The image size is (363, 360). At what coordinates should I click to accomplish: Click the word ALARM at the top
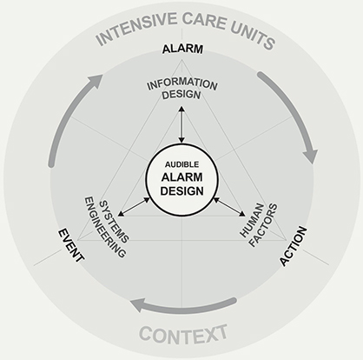tap(182, 49)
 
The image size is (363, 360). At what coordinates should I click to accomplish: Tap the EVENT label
tap(71, 245)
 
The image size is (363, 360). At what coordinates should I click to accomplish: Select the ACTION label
tap(293, 246)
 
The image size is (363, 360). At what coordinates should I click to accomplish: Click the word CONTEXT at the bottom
tap(183, 334)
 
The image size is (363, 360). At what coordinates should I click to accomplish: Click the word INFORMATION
tap(182, 83)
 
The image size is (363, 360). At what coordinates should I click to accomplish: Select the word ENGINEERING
tap(105, 228)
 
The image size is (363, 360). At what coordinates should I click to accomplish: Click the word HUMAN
tap(252, 220)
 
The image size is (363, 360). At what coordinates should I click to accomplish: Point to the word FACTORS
tap(263, 225)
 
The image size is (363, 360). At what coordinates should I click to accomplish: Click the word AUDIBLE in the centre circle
tap(181, 164)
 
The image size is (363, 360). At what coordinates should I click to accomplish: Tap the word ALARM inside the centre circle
tap(181, 177)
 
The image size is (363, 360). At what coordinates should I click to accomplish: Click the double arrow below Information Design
tap(181, 124)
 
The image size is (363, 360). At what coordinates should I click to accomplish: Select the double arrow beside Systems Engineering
tap(134, 207)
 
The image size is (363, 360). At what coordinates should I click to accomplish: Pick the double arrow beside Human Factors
tap(229, 207)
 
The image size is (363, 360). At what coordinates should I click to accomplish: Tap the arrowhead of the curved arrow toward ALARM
tap(95, 80)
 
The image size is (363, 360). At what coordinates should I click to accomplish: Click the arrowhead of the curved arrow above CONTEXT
tap(137, 306)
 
